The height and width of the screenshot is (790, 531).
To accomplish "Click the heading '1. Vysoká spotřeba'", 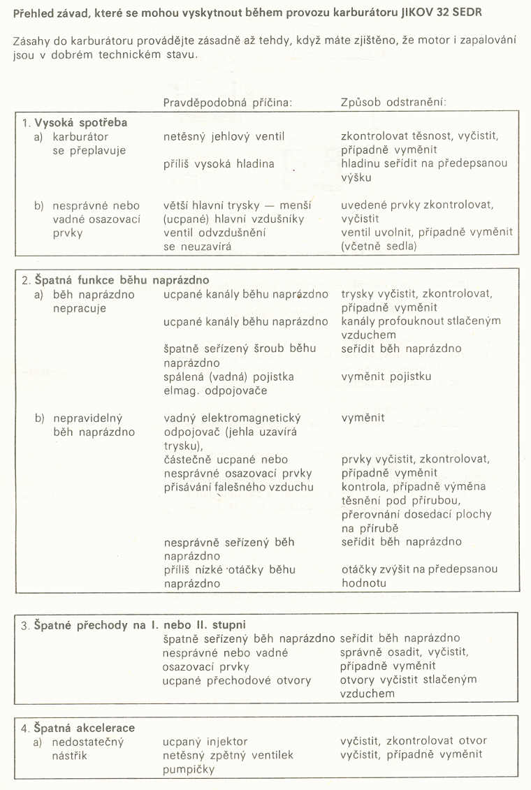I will pyautogui.click(x=73, y=122).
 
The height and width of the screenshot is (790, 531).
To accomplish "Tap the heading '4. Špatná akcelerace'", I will pyautogui.click(x=78, y=728).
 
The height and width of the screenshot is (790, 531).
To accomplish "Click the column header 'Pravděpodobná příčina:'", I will pyautogui.click(x=227, y=101).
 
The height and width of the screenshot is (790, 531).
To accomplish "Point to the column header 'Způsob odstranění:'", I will pyautogui.click(x=393, y=101).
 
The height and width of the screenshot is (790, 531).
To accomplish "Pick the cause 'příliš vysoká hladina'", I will pyautogui.click(x=219, y=163).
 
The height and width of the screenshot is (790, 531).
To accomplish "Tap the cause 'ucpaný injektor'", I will pyautogui.click(x=205, y=741).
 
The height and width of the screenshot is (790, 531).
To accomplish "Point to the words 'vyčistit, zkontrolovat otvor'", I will pyautogui.click(x=414, y=741).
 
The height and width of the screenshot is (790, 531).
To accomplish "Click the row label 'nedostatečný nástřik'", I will pyautogui.click(x=88, y=748).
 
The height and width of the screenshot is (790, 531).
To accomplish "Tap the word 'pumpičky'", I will pyautogui.click(x=189, y=768).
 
